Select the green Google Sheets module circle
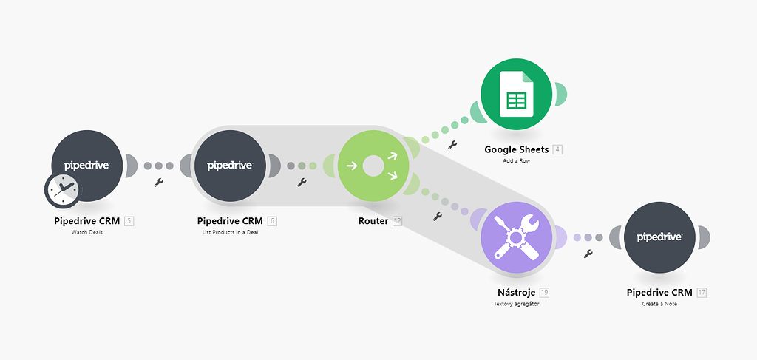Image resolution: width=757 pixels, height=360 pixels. pos(517,92)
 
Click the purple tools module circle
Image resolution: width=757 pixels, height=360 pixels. pos(517,237)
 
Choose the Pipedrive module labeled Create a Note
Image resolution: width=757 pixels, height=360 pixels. pos(659,237)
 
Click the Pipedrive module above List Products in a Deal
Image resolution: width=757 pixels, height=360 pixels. pos(229,166)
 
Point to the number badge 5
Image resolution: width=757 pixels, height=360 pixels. pos(129,220)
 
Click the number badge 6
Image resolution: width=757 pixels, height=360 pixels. pos(272,220)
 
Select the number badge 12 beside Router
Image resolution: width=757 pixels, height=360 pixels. pos(398,220)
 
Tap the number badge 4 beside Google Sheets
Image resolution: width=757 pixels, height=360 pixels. pos(557,149)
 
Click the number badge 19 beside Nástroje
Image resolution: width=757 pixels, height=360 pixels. pos(544,292)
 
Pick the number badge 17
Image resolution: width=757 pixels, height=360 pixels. pos(702,292)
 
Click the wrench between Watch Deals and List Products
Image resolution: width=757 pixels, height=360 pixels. pos(158,182)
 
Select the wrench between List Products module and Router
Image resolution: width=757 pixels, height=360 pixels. pos(301,182)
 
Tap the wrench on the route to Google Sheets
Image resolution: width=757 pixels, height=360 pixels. pos(452,145)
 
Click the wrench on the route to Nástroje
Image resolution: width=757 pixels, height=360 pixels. pos(437,217)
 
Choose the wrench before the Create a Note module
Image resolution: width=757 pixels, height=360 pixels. pos(588,254)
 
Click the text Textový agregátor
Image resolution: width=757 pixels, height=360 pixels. pos(517,304)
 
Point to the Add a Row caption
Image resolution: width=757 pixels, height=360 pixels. pos(517,160)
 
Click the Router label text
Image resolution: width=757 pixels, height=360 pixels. pos(373,220)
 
